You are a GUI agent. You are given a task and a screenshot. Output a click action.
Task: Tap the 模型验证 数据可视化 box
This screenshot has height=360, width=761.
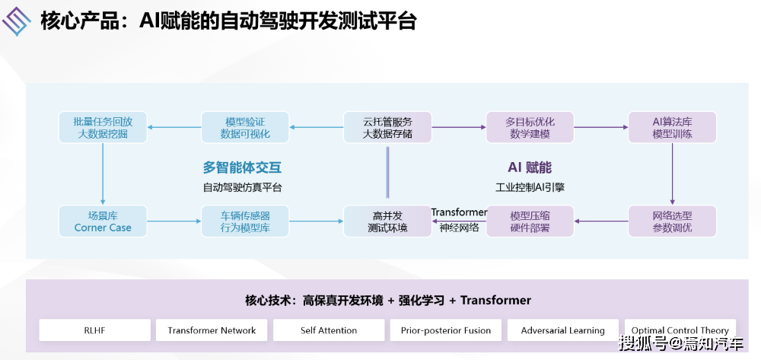click(245, 127)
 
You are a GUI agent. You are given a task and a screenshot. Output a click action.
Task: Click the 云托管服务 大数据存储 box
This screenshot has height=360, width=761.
click(387, 127)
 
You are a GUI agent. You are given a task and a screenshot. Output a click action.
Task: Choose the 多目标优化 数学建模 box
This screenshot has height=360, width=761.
click(530, 127)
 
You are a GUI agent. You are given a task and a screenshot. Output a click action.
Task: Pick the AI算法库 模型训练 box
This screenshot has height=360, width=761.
click(672, 127)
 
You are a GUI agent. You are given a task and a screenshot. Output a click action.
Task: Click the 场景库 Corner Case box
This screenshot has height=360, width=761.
click(103, 221)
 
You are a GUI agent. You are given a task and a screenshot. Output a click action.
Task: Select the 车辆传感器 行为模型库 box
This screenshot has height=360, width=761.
click(245, 221)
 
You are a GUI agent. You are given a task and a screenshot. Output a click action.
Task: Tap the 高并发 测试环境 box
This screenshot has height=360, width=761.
click(387, 221)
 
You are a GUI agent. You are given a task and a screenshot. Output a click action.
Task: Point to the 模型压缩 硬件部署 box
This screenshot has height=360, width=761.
click(530, 221)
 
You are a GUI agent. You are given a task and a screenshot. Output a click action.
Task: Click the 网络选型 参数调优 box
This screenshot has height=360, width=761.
click(672, 221)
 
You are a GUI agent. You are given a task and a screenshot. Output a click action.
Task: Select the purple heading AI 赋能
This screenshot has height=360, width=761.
click(530, 167)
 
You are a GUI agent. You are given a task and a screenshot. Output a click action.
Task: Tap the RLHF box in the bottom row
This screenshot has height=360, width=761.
click(94, 330)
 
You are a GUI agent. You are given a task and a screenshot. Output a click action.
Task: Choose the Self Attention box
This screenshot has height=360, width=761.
click(329, 330)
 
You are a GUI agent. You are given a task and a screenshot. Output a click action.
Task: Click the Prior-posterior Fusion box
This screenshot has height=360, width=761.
click(446, 330)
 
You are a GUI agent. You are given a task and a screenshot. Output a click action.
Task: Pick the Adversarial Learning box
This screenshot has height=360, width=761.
click(563, 330)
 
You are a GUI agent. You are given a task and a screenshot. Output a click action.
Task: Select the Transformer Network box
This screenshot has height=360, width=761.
click(212, 330)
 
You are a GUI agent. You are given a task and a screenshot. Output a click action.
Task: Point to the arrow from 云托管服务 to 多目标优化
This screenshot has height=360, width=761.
click(458, 127)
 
